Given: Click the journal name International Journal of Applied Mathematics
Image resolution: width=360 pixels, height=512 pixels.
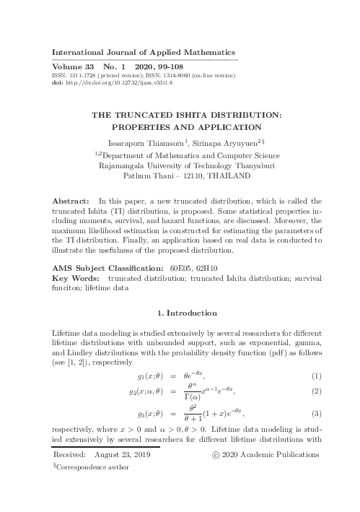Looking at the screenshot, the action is click(144, 52).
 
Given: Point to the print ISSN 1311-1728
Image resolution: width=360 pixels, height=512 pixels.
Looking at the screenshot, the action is click(82, 74).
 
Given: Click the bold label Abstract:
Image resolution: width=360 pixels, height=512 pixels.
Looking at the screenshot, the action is click(73, 199).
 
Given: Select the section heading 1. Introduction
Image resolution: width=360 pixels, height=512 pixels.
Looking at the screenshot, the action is click(187, 313).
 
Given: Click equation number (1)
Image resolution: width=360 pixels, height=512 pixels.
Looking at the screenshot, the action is click(316, 376).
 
